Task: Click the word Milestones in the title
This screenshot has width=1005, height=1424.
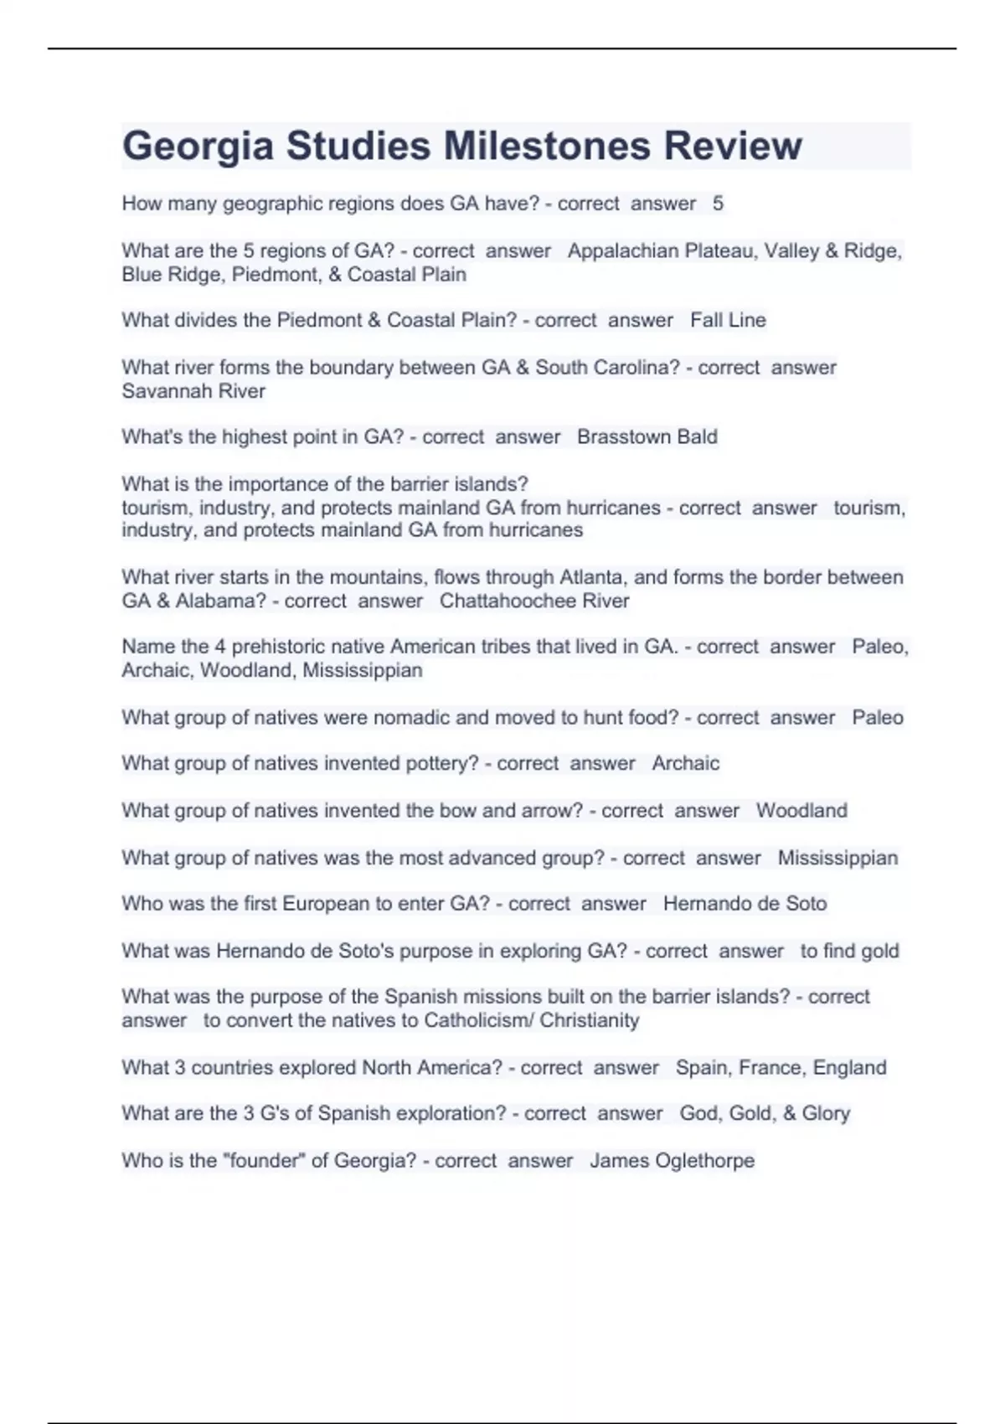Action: tap(547, 146)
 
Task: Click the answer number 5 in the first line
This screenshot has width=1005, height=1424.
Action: tap(718, 204)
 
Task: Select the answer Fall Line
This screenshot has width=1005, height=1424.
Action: tap(728, 320)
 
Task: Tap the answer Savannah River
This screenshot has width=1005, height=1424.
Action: tap(193, 391)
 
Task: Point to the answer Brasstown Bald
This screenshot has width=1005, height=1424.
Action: tap(647, 436)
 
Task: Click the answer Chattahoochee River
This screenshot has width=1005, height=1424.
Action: tap(534, 601)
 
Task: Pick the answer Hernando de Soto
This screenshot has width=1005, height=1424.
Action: tap(745, 904)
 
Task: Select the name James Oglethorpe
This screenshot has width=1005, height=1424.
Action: tap(672, 1160)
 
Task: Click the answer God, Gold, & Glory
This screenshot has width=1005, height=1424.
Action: tap(765, 1113)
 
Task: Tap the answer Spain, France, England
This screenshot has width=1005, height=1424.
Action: tap(781, 1067)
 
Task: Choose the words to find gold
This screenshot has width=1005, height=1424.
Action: tap(849, 951)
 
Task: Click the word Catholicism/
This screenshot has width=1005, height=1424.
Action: tap(479, 1020)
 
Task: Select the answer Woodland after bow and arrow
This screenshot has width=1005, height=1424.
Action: tap(801, 811)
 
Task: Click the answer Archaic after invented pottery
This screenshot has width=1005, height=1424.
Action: tap(685, 763)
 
